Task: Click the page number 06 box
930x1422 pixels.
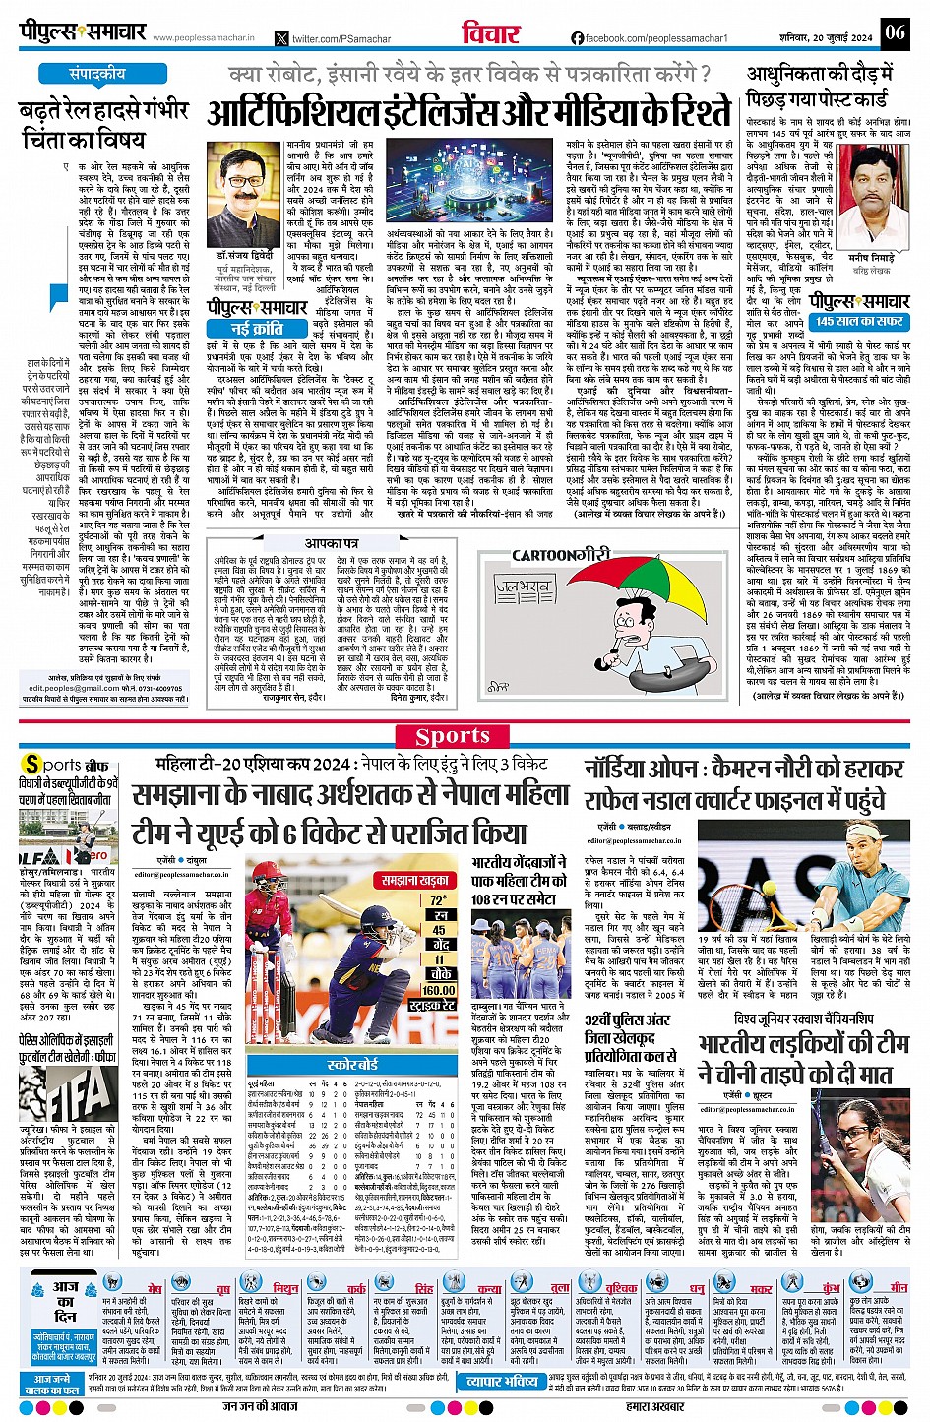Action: (x=894, y=31)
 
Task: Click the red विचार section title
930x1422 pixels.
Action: (x=491, y=31)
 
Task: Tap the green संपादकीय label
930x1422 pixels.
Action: (x=97, y=74)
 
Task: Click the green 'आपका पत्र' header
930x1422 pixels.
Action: (x=331, y=542)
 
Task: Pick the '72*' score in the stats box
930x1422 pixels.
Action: (x=439, y=899)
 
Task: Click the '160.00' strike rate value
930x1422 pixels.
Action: (x=439, y=990)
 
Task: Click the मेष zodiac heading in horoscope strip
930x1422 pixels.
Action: (x=155, y=1287)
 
